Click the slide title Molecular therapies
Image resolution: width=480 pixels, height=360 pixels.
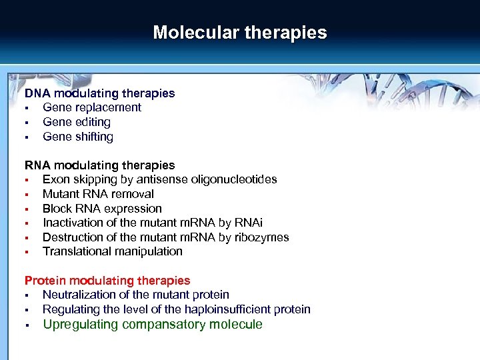(x=240, y=33)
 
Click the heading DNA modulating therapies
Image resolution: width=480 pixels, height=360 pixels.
(x=100, y=93)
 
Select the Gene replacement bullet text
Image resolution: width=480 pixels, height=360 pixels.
(x=92, y=107)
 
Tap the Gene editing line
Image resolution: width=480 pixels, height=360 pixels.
(x=77, y=122)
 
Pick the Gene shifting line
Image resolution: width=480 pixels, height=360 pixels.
(x=78, y=137)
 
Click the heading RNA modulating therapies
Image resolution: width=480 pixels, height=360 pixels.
(x=100, y=165)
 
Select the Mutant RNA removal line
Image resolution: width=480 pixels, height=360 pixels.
(x=98, y=194)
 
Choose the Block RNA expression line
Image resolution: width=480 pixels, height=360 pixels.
(x=102, y=209)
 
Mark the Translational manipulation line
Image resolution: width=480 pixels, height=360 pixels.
(x=113, y=251)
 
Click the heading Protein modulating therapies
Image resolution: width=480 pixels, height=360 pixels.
(x=107, y=281)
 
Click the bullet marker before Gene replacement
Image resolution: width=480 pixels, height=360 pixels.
(x=27, y=108)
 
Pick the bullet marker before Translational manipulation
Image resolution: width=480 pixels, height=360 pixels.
(x=27, y=252)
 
